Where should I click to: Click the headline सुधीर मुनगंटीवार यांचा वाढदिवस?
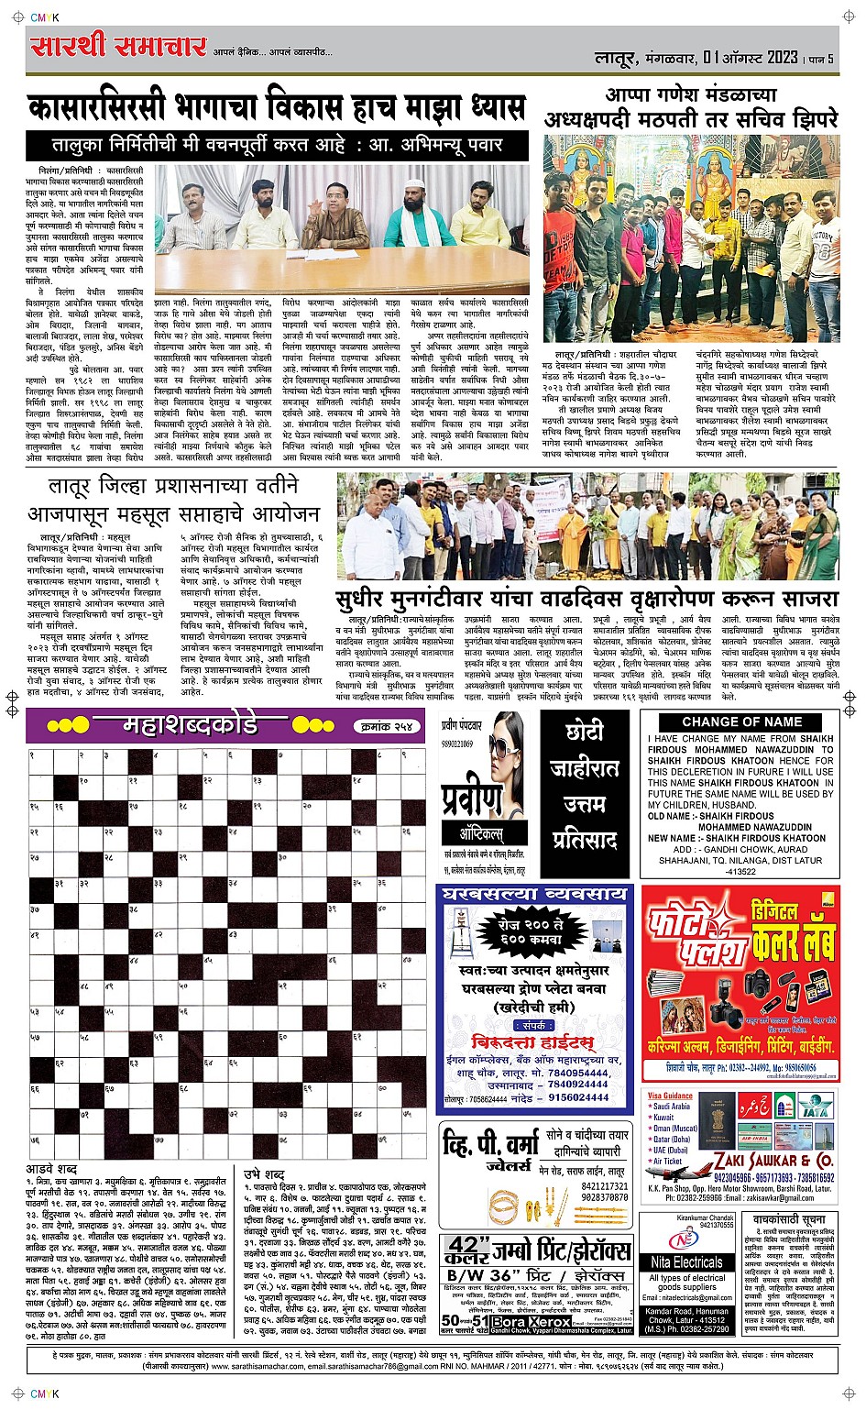tap(587, 599)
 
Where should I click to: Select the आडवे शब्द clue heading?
tap(52, 1170)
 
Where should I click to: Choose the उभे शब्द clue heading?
tap(264, 1173)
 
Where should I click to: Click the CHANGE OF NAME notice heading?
tap(741, 722)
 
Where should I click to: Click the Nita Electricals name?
tap(686, 1262)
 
